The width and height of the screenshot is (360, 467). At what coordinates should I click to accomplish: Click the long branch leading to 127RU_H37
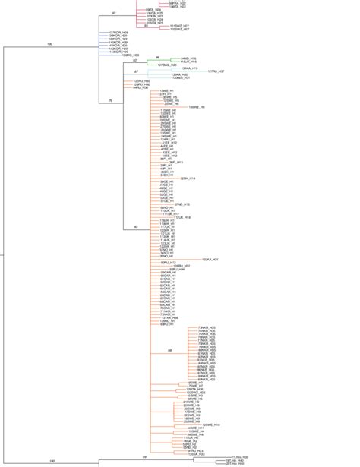tap(190, 71)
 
